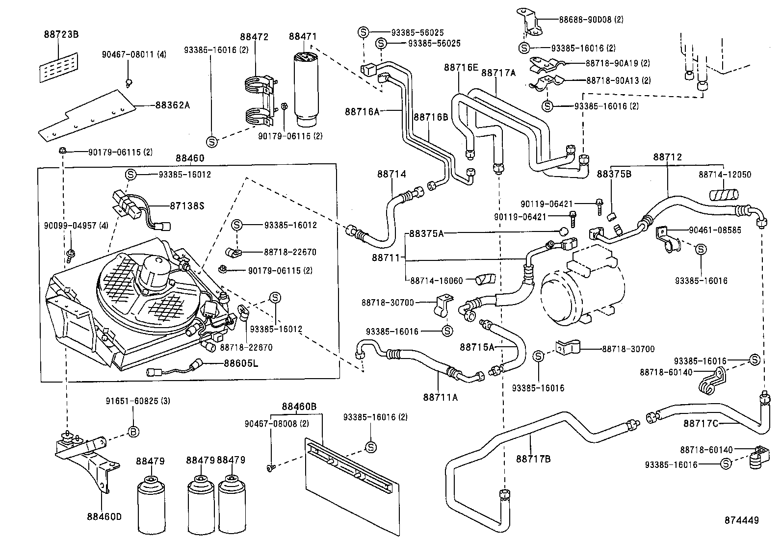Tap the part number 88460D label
pos(104,516)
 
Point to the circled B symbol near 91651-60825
pos(133,432)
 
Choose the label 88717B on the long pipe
pos(533,459)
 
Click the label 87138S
pos(187,205)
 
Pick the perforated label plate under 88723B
pos(59,68)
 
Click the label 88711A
pos(440,397)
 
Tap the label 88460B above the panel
pos(299,407)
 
